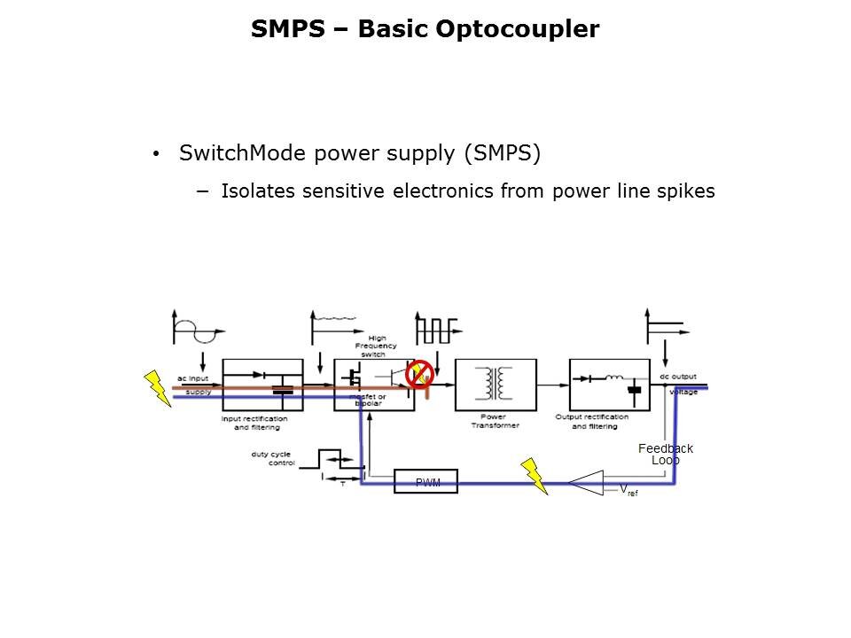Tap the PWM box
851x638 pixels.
(x=426, y=481)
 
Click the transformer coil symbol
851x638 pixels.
(x=496, y=384)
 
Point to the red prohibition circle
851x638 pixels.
(x=418, y=374)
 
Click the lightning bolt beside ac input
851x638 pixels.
(x=158, y=387)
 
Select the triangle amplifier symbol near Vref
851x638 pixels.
(x=586, y=483)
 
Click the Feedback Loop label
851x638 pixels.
(x=666, y=455)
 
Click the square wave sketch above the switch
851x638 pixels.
(x=435, y=329)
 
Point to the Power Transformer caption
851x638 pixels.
(x=495, y=421)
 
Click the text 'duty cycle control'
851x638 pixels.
(x=273, y=458)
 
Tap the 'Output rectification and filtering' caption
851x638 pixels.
(x=591, y=422)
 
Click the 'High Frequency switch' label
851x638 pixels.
(x=376, y=346)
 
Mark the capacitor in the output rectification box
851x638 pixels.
(x=634, y=389)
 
